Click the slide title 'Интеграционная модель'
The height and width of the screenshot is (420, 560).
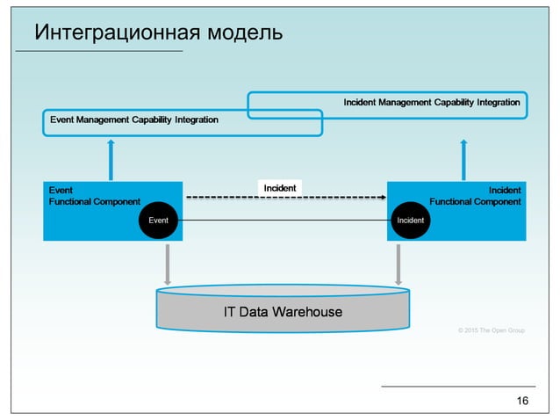(x=158, y=33)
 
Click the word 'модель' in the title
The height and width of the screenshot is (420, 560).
(x=242, y=33)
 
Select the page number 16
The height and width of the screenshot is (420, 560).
(x=523, y=402)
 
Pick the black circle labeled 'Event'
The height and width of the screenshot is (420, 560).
(x=159, y=220)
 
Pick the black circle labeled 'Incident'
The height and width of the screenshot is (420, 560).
(x=411, y=220)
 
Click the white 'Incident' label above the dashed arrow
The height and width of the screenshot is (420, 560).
(x=280, y=187)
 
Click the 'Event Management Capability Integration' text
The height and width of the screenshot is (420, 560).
(x=134, y=119)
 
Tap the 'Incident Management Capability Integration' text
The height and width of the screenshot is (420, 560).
(x=431, y=103)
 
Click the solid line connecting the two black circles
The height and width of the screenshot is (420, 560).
(x=281, y=220)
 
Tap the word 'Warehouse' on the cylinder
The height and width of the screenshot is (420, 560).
(x=306, y=312)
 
